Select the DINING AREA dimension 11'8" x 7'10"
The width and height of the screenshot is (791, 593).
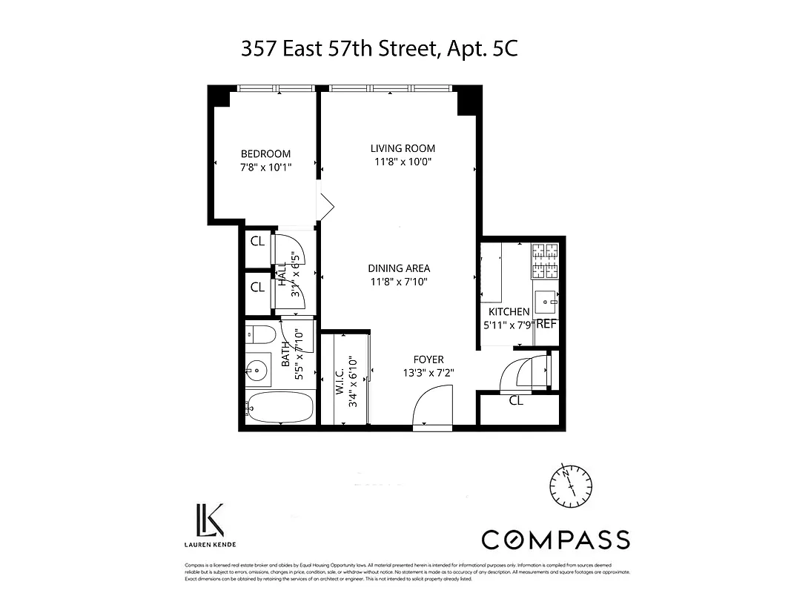point(399,282)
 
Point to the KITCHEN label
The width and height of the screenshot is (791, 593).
point(509,312)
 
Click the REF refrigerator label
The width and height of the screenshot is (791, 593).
point(546,324)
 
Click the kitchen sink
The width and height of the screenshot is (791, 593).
point(548,302)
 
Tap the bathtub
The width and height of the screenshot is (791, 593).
point(278,408)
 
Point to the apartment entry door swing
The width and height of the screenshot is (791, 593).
point(431,409)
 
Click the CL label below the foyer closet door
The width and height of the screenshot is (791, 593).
point(516,401)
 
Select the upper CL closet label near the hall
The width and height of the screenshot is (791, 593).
point(257,241)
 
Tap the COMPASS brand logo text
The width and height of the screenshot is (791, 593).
point(555,540)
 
